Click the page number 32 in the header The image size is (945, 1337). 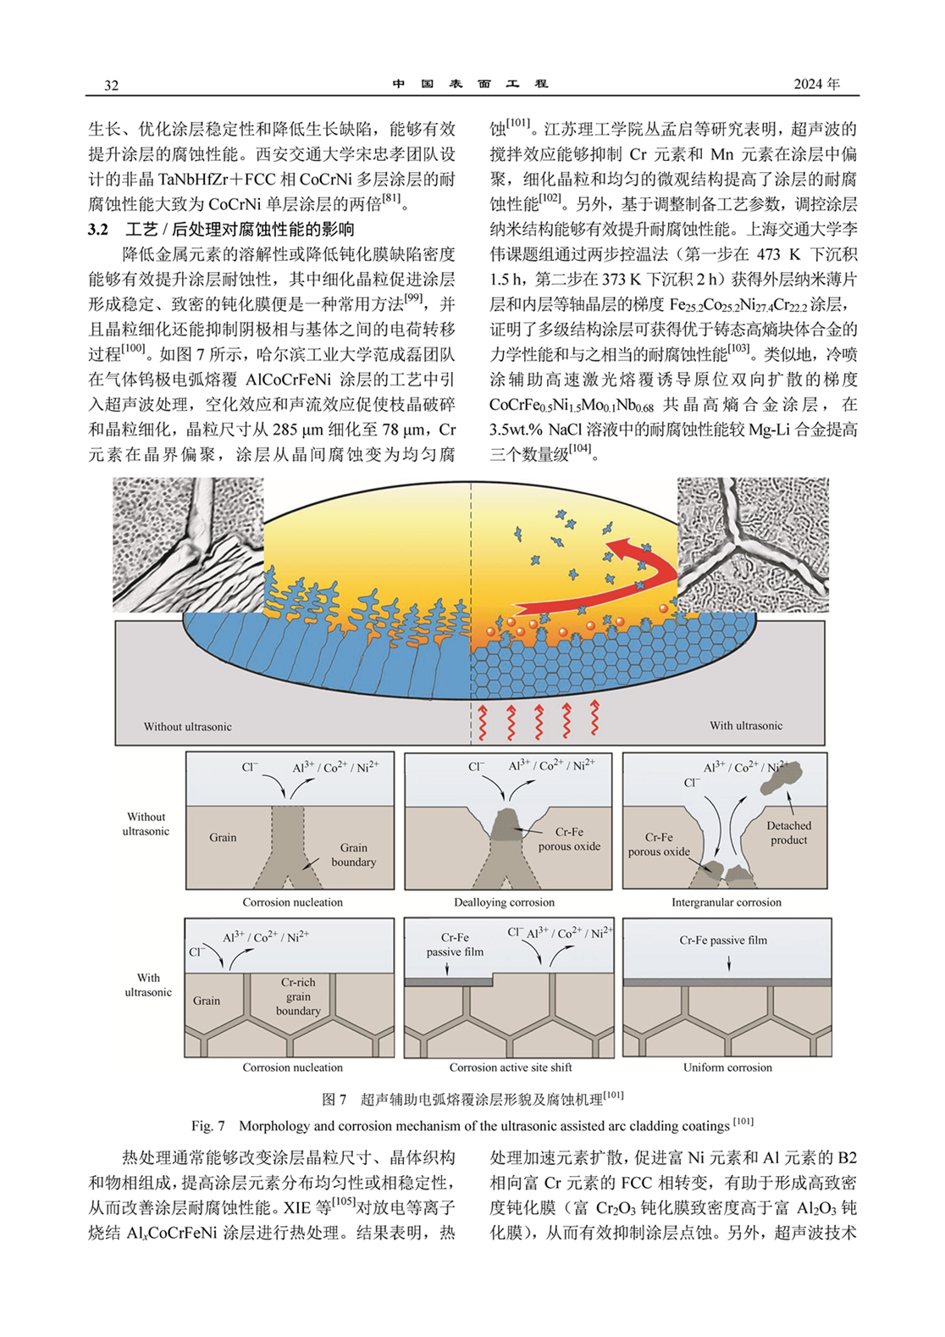tap(112, 86)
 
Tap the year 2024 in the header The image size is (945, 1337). tap(809, 84)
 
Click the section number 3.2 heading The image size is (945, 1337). tap(98, 230)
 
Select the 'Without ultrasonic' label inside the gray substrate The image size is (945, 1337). tap(187, 726)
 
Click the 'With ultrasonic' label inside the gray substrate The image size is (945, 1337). tap(746, 725)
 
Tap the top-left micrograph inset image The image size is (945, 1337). tap(188, 544)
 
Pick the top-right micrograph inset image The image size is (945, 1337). tap(753, 544)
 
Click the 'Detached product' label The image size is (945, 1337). tap(788, 833)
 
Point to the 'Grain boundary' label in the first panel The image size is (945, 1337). tap(354, 855)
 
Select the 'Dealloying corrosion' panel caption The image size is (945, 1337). tap(504, 902)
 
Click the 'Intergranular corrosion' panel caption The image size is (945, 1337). tap(726, 902)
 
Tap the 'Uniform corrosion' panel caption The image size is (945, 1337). tap(727, 1068)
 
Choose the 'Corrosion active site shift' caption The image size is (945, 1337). tap(511, 1068)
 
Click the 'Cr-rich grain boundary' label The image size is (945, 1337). tap(298, 996)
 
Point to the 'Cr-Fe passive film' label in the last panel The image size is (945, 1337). tap(723, 940)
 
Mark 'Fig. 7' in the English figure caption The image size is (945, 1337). tap(207, 1126)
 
